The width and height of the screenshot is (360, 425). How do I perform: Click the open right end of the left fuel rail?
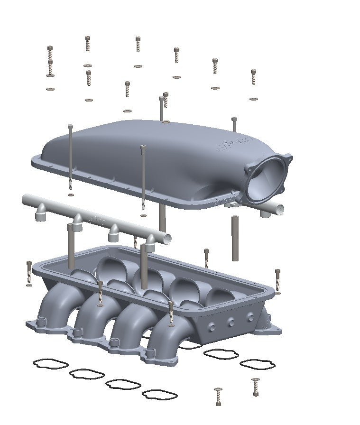pos(166,239)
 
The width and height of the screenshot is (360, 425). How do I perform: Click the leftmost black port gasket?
pos(50,364)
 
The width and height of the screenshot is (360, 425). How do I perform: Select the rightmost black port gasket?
pos(257,364)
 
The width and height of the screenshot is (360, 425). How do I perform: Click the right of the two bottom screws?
pos(256,387)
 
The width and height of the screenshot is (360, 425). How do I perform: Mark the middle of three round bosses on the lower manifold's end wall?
pos(231,322)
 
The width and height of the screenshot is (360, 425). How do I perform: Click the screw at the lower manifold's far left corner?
pos(29,273)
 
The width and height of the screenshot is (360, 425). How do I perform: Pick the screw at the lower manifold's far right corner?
pos(277,280)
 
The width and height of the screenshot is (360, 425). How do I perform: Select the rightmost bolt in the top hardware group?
pos(253,77)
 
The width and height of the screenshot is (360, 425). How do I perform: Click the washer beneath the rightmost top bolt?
pos(253,99)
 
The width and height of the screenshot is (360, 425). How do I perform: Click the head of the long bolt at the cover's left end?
pos(71,126)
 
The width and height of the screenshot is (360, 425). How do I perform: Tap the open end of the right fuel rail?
pos(280,208)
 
